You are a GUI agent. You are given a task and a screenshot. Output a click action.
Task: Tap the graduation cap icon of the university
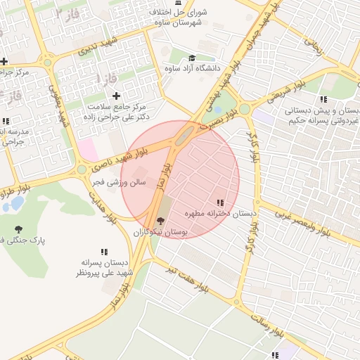point(192,58)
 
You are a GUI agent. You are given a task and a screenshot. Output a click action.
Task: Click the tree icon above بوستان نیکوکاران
point(160,221)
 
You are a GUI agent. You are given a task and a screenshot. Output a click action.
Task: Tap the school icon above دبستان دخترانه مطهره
point(221,202)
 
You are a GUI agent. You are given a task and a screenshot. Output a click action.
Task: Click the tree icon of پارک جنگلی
point(18,229)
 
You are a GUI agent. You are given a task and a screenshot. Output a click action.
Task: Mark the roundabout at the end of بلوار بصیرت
point(244,109)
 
